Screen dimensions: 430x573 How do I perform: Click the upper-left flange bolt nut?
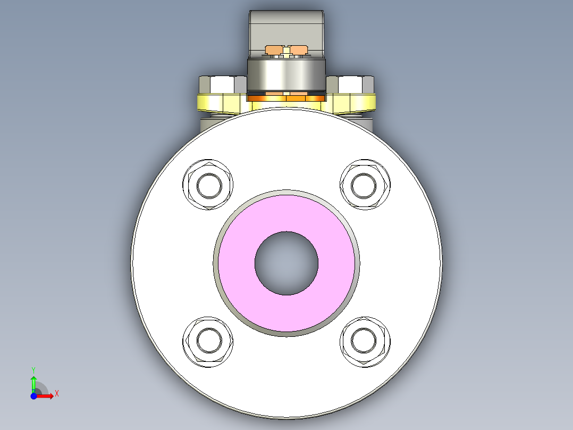[208, 185]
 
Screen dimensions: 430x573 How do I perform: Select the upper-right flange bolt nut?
[365, 185]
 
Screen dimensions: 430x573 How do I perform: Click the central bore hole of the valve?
[286, 263]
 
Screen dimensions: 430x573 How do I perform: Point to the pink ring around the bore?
[286, 213]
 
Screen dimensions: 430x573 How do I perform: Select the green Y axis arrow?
[33, 382]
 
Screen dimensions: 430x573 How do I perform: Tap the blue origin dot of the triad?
[33, 396]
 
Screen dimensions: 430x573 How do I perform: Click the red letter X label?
[56, 394]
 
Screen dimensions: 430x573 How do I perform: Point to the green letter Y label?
[33, 369]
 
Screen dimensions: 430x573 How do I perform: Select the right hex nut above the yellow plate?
[351, 85]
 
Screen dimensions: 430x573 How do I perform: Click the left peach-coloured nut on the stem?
[273, 50]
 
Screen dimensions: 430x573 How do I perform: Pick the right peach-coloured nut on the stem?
[299, 50]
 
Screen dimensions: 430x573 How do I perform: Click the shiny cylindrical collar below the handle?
[286, 75]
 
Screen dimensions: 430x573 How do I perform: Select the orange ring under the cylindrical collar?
[286, 97]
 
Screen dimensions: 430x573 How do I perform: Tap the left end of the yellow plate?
[205, 103]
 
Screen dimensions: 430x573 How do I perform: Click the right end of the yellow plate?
[369, 103]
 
